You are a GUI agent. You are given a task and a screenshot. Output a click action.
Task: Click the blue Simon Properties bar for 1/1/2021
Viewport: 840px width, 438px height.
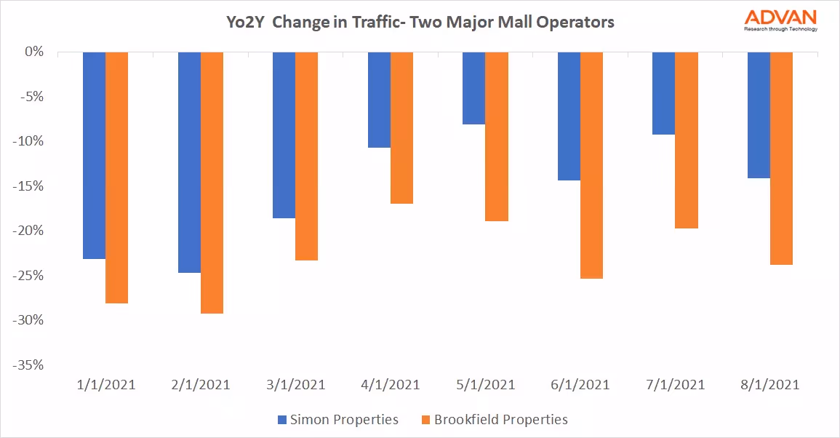(94, 155)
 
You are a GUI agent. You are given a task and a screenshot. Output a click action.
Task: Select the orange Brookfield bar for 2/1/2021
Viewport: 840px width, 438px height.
(212, 183)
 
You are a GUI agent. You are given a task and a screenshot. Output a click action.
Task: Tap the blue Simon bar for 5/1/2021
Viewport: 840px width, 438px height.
(474, 88)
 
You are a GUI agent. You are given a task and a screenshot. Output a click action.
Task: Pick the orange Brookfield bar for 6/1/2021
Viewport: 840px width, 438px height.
(592, 165)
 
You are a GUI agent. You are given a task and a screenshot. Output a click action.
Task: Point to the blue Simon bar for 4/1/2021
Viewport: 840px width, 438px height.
(379, 100)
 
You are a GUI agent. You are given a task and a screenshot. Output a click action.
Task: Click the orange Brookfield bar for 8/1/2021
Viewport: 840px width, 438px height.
(782, 158)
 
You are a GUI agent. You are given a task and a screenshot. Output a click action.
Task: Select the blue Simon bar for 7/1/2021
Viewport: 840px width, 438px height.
(664, 93)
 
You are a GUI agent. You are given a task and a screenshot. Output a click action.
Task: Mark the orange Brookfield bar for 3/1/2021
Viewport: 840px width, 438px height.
(307, 156)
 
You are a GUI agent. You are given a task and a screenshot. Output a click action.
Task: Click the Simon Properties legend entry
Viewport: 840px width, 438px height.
(337, 419)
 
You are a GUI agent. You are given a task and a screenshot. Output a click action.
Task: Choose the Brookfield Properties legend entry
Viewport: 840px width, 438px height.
(494, 419)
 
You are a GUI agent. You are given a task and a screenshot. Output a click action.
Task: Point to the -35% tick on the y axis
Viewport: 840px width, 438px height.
(28, 365)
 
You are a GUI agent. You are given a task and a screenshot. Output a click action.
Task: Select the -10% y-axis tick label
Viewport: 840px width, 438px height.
(28, 142)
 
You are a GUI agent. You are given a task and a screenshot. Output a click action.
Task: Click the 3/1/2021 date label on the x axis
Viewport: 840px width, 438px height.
(295, 385)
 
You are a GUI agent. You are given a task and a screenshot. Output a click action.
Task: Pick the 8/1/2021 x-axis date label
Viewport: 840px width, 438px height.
(769, 385)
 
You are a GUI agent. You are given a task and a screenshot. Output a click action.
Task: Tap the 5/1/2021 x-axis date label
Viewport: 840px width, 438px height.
(485, 385)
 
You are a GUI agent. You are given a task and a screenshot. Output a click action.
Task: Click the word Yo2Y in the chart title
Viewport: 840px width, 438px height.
(244, 22)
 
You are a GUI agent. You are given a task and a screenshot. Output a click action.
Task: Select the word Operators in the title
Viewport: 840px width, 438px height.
(577, 22)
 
